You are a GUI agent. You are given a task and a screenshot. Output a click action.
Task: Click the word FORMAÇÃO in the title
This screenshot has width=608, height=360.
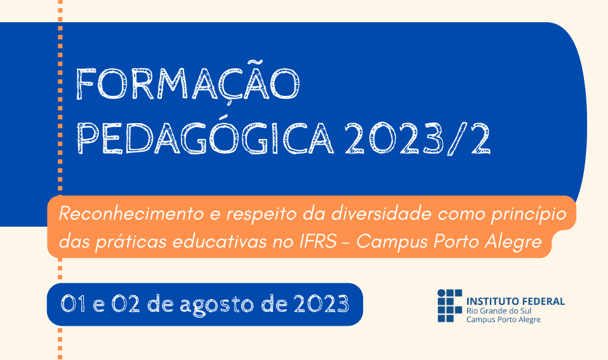point(188,83)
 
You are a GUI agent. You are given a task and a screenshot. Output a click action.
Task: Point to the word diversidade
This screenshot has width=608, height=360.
point(381,214)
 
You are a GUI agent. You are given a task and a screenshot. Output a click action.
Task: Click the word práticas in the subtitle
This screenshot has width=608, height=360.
point(130,242)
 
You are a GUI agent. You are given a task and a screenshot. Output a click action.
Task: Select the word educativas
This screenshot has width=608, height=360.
point(220,241)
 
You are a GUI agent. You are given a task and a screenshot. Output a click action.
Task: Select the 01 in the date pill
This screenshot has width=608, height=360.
point(74,303)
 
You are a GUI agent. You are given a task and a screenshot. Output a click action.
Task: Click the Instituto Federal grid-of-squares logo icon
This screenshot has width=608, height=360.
point(450,305)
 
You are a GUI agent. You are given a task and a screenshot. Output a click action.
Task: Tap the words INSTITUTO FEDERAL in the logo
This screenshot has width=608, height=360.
point(515,302)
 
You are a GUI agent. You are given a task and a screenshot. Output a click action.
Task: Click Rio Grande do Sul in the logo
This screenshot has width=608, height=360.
point(499,311)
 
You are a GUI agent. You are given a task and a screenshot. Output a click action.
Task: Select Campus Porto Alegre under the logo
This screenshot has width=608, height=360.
point(503,319)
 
